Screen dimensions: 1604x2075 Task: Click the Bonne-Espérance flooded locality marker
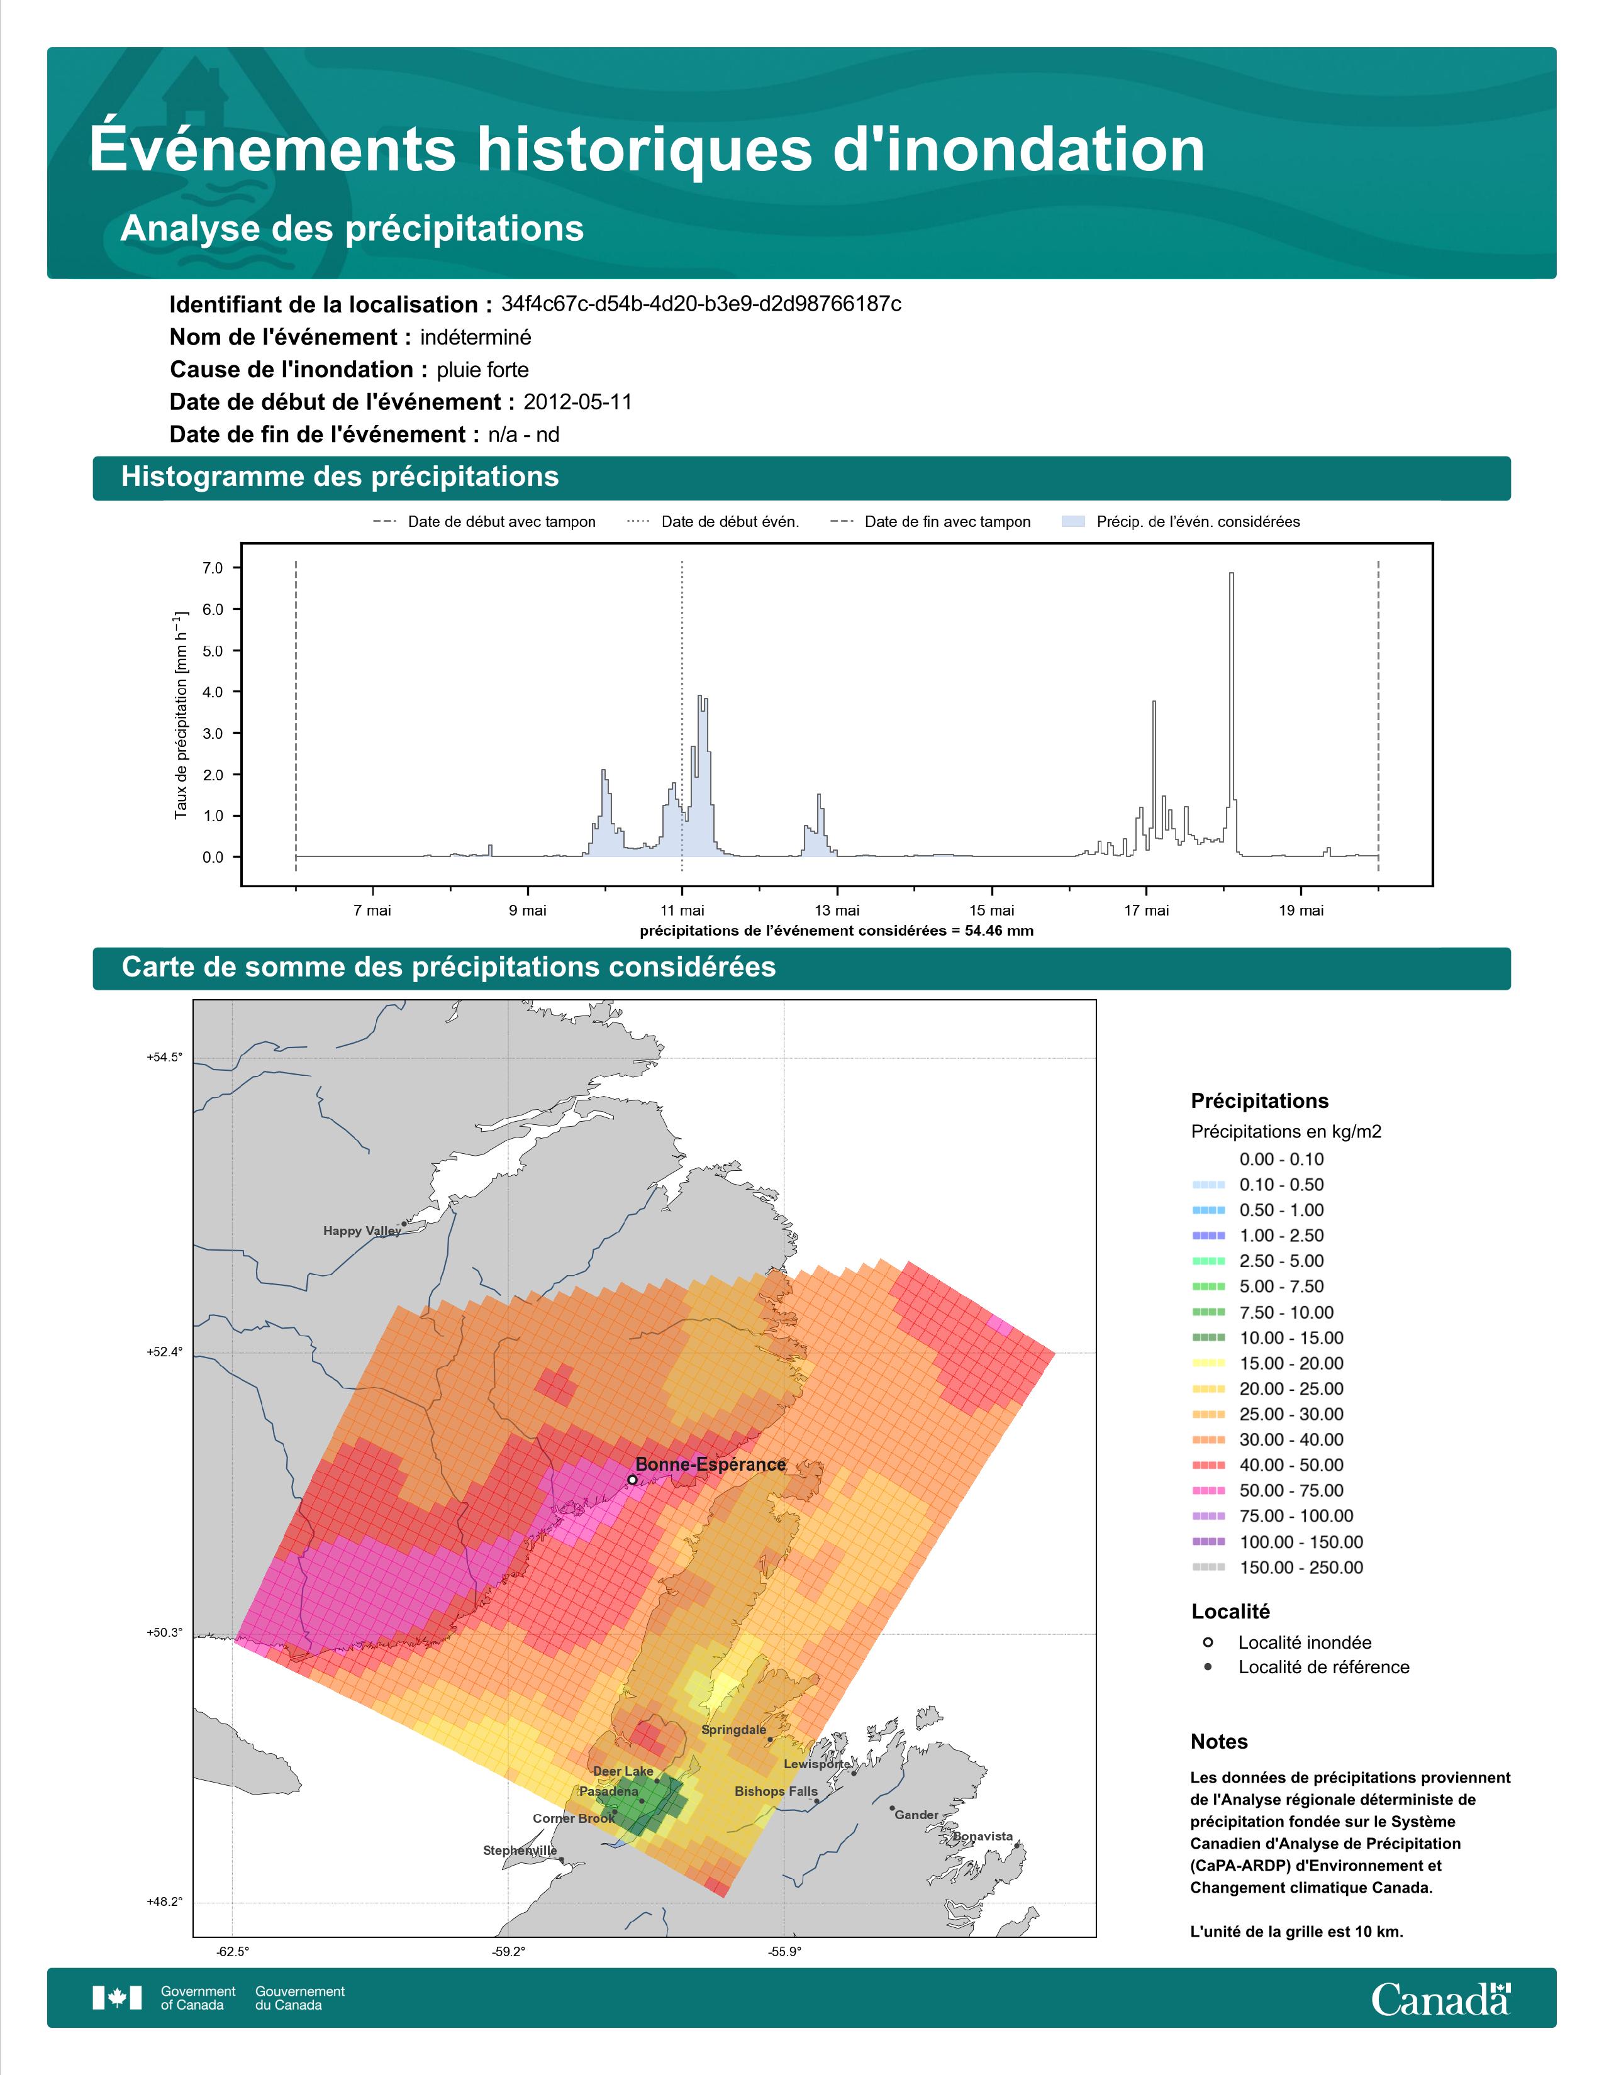tap(632, 1480)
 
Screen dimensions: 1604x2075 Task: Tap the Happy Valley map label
tap(362, 1231)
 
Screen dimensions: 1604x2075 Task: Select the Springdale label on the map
tap(733, 1729)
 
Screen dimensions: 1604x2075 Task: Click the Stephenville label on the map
tap(520, 1850)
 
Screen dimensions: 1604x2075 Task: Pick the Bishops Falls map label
tap(776, 1791)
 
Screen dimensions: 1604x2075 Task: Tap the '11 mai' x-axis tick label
tap(682, 910)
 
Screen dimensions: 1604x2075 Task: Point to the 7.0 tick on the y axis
tap(213, 568)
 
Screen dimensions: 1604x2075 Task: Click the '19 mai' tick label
tap(1301, 910)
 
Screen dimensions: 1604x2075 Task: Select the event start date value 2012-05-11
tap(577, 402)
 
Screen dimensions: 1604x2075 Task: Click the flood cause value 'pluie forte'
tap(482, 370)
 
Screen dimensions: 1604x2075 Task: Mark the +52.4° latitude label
tap(164, 1352)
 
